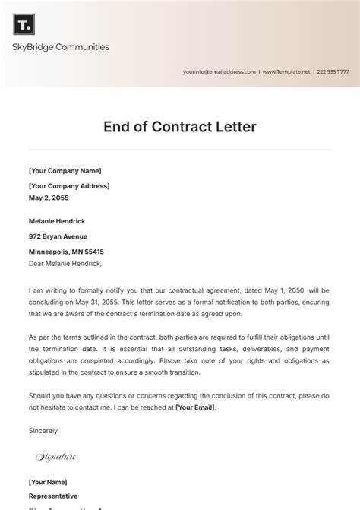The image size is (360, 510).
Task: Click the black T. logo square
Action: tap(24, 24)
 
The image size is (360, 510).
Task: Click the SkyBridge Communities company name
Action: tap(61, 47)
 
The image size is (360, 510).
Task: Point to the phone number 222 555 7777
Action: tap(333, 72)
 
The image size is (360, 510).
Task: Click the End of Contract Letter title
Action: tap(180, 127)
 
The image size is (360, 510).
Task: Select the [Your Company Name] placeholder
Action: tap(65, 171)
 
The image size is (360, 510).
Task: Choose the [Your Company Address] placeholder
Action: tap(69, 186)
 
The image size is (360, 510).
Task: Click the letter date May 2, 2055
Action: tap(49, 198)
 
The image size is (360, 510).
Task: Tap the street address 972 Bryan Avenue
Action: tap(58, 236)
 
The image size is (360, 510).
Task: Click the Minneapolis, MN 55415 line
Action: tap(66, 252)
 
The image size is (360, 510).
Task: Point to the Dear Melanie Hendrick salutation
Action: tap(65, 264)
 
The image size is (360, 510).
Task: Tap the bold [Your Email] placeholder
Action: tap(195, 407)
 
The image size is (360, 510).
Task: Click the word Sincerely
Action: tap(43, 430)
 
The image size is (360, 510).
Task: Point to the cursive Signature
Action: tap(56, 457)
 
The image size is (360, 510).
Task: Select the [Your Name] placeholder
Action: tap(48, 482)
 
